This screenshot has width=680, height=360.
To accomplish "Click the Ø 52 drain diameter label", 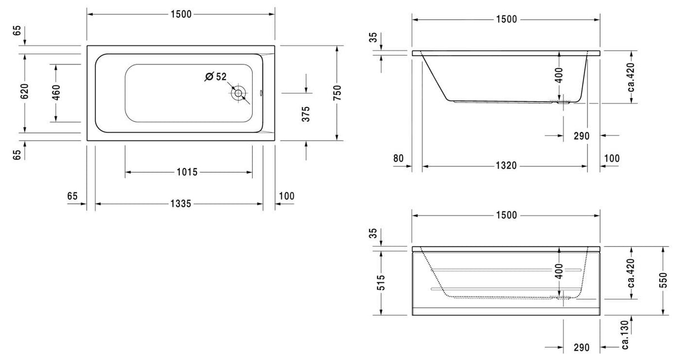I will (216, 77).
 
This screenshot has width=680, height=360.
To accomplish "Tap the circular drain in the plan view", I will (238, 93).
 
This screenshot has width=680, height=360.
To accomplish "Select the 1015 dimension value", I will (187, 172).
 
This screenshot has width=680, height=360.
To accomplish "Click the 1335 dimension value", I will (181, 204).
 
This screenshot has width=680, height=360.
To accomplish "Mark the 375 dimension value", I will (306, 114).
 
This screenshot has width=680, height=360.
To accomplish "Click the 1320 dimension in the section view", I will (506, 166).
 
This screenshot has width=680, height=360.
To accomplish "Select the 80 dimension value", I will (398, 158).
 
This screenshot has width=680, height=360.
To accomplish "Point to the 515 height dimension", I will (381, 282).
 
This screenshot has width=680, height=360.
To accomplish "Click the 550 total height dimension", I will (664, 280).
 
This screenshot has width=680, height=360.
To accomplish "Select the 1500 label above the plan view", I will (181, 15).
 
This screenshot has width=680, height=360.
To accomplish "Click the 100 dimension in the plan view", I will (286, 196).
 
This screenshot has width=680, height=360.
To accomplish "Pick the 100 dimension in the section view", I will (612, 158).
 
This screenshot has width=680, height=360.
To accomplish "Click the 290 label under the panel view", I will (581, 348).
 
